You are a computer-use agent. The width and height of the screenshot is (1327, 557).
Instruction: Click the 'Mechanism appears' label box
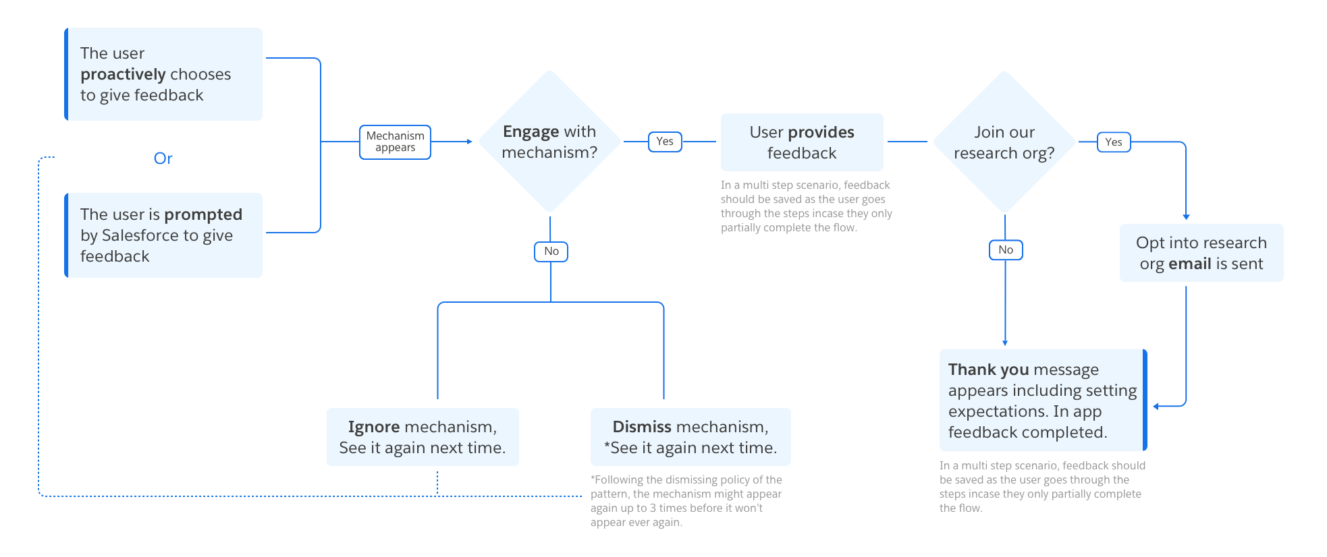(x=395, y=142)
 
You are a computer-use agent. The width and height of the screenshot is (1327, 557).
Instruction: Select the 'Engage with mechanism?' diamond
(x=549, y=142)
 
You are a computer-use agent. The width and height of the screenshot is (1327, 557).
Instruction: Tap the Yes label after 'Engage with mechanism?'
(x=665, y=142)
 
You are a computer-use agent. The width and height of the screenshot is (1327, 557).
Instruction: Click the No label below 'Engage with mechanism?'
(x=551, y=252)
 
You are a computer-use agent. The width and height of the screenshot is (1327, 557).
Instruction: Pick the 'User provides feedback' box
(x=802, y=142)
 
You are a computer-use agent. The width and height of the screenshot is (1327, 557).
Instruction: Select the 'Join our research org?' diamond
(x=1004, y=142)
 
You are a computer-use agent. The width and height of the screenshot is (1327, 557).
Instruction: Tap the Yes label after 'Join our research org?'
(x=1114, y=142)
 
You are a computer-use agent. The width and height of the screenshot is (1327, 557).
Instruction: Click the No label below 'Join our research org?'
(x=1006, y=250)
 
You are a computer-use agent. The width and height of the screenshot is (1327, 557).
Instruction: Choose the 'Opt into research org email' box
(x=1201, y=253)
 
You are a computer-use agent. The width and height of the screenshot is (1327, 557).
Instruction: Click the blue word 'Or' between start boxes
(x=163, y=158)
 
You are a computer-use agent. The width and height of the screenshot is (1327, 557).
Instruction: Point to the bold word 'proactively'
(x=123, y=74)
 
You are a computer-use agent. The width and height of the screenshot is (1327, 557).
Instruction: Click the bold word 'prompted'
(x=203, y=214)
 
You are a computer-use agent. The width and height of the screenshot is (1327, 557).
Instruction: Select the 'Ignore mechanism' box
(x=423, y=437)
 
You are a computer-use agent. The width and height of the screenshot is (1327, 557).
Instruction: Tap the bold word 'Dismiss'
(x=641, y=427)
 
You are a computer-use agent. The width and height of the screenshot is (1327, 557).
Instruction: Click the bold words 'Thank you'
(x=988, y=370)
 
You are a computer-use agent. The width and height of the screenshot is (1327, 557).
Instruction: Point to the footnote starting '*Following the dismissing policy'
(x=686, y=500)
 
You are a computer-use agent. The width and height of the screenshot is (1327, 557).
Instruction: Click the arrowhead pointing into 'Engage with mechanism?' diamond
(x=469, y=142)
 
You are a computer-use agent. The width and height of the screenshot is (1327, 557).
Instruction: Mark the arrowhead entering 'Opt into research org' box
(x=1186, y=216)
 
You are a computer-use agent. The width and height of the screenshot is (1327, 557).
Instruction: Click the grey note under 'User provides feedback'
(x=806, y=206)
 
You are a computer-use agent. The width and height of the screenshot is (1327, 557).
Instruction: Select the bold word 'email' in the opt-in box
(x=1189, y=264)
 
